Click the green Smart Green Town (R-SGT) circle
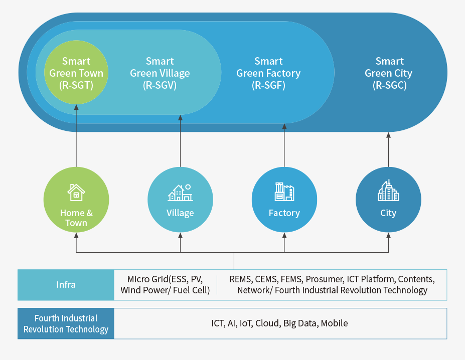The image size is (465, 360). (76, 73)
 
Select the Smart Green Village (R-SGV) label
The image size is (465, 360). (160, 73)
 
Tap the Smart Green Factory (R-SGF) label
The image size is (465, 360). (268, 73)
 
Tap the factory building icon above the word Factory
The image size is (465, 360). (284, 192)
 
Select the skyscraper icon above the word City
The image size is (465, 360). (388, 191)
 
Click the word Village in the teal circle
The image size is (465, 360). (180, 213)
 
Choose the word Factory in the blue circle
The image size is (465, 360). (284, 213)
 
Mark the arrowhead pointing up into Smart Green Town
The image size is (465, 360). (76, 107)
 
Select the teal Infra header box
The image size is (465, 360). (66, 285)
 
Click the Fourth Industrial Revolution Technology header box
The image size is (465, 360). (66, 323)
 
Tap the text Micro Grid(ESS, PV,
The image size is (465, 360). (165, 279)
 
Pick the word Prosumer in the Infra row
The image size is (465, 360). (324, 279)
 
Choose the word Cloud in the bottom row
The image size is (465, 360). (267, 323)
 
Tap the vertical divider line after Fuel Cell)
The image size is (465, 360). (217, 285)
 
